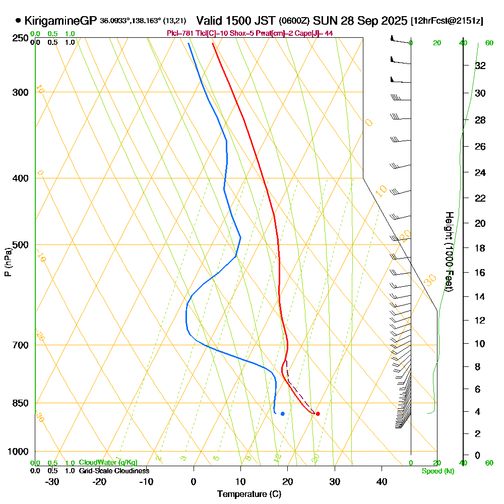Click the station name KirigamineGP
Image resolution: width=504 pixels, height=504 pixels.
pos(60,21)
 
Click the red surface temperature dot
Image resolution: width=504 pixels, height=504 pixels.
pos(318,414)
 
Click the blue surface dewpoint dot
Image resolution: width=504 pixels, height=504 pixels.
pos(282,414)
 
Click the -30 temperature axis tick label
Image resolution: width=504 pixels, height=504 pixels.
pos(52,482)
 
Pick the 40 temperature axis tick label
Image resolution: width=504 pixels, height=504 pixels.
pos(382,482)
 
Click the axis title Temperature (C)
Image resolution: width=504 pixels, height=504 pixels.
pos(249,494)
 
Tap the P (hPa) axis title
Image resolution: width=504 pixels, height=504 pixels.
pos(8,262)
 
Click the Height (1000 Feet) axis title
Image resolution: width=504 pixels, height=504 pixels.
pos(448,251)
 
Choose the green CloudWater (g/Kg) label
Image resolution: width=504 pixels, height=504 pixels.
pos(108,463)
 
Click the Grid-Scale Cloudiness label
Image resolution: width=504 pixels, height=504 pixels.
pos(113,471)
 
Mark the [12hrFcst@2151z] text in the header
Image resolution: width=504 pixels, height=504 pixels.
pos(447,21)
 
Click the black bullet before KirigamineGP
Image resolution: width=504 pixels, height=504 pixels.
pos(19,21)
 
